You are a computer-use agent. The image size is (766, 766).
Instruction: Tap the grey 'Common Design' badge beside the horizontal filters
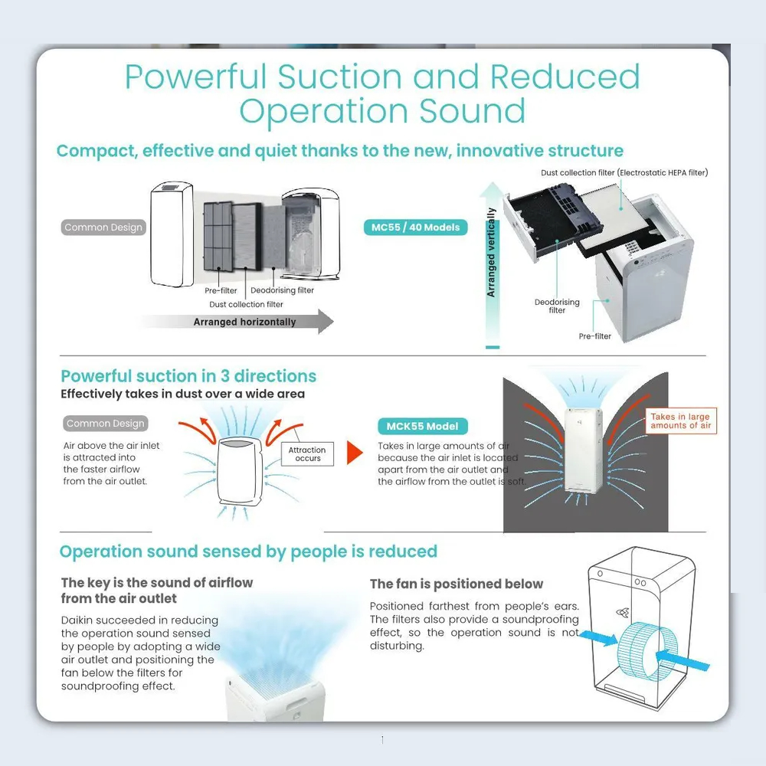click(103, 228)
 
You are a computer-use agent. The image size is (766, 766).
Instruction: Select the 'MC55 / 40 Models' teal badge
click(414, 228)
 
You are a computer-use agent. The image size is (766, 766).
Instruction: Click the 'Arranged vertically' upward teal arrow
click(492, 264)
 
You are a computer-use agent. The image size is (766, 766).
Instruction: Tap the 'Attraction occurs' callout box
click(307, 454)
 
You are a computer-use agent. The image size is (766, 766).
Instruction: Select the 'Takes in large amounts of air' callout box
click(680, 421)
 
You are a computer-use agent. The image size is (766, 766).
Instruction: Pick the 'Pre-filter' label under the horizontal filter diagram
click(221, 291)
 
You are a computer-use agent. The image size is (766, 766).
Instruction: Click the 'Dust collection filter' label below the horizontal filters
click(246, 305)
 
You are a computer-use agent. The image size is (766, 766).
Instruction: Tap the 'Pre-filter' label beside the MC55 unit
click(594, 336)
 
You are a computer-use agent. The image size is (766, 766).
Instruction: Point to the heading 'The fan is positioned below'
click(457, 584)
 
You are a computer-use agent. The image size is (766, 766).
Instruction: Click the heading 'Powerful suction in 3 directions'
click(188, 376)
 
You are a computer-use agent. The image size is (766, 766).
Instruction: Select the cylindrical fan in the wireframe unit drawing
click(642, 650)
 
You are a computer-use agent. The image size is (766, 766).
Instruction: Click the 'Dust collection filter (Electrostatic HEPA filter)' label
click(624, 172)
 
